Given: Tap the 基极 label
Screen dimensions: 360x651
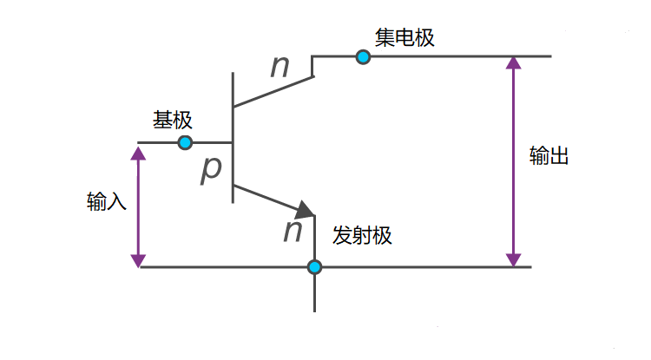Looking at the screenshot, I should tap(172, 120).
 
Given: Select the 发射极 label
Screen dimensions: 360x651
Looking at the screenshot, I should tap(362, 235).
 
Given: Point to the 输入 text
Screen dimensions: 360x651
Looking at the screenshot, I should tap(107, 202).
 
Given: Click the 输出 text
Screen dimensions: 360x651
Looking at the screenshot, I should tap(549, 156).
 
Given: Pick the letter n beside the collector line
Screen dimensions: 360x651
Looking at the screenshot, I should tap(279, 66).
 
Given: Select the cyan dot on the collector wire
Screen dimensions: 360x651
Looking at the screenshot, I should tap(363, 56).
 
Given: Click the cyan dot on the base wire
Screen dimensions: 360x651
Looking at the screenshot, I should tap(185, 142).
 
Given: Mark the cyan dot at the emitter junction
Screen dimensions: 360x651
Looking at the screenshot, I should tap(314, 266).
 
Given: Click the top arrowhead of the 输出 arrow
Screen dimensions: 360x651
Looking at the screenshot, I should tap(514, 63).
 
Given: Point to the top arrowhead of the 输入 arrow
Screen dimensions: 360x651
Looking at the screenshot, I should tap(137, 152).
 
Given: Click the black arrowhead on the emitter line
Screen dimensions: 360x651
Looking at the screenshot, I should tap(305, 210).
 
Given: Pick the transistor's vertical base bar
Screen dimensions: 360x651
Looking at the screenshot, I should tap(233, 139).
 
